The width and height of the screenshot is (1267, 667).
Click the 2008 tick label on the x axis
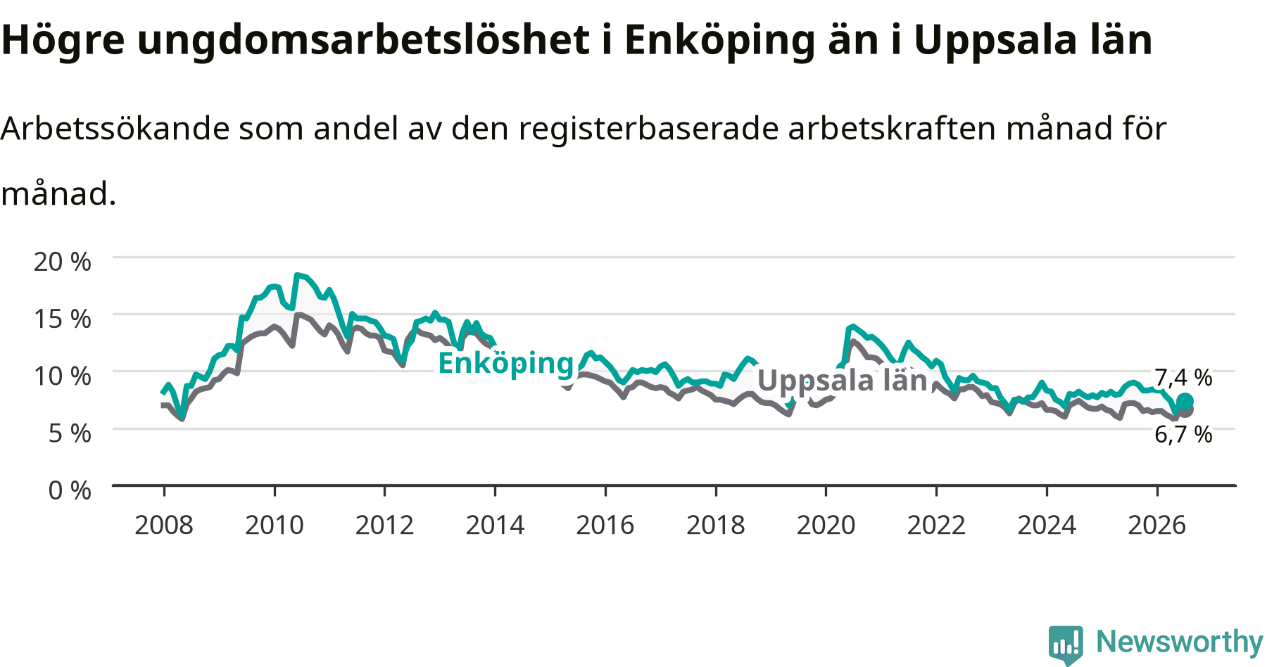164,525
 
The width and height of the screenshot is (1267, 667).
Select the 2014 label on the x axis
495,525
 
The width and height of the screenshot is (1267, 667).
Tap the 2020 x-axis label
826,525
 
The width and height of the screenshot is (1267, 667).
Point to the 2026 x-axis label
1157,525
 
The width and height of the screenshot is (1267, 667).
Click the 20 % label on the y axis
63,262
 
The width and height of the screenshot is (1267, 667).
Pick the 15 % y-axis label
63,319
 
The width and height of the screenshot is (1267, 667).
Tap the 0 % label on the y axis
70,490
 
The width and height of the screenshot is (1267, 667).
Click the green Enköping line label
506,364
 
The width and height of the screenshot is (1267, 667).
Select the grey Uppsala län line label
843,381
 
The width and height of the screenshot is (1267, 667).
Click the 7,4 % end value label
1183,378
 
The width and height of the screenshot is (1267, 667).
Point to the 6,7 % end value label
1183,434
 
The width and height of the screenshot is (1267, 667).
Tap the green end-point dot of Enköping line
1185,402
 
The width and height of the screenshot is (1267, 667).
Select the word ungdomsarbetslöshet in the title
363,40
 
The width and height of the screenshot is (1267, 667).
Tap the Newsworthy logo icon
1066,644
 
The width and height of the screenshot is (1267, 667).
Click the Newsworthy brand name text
1180,642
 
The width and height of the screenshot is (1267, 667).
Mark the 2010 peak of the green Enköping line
297,274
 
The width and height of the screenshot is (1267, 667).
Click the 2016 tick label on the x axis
605,525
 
